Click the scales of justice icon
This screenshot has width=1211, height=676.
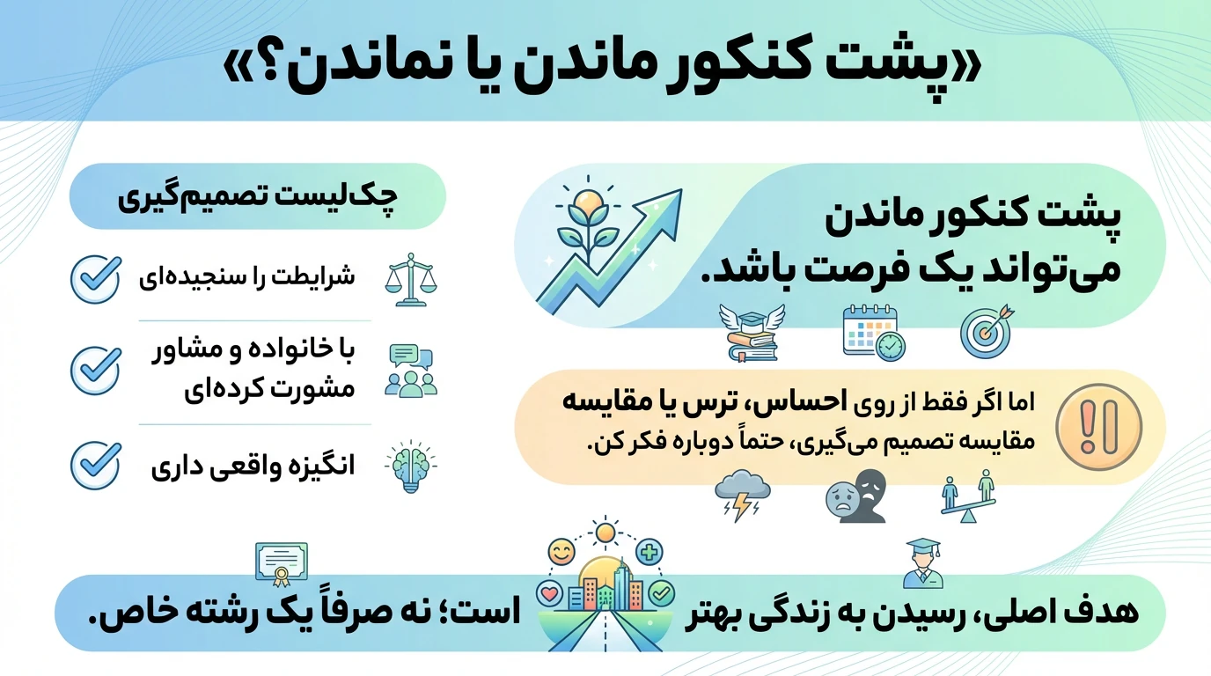point(411,280)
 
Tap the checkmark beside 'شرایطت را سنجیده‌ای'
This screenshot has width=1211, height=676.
point(96,278)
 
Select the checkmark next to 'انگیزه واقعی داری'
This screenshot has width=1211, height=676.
point(96,465)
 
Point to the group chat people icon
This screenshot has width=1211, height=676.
point(411,371)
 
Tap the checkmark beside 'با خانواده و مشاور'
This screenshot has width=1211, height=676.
point(96,371)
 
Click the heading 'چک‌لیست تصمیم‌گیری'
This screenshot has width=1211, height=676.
point(258,197)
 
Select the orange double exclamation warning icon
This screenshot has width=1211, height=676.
point(1099,427)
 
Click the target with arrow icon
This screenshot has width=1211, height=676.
point(987,332)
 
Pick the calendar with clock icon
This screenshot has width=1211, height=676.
point(874,333)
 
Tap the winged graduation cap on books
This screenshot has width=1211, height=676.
point(752,333)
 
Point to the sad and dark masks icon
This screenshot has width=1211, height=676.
point(856,496)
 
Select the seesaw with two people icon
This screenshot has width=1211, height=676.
point(968,496)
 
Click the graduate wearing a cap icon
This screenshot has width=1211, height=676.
point(923,563)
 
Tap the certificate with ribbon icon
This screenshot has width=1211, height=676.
point(281,564)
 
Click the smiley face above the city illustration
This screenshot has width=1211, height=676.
point(561,552)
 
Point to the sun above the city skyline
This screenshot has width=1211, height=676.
point(605,533)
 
